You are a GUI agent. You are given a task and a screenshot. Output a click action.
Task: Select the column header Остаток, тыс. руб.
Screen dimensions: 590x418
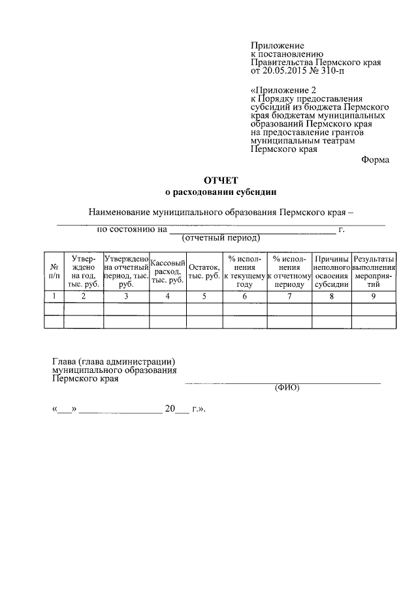pyautogui.click(x=204, y=271)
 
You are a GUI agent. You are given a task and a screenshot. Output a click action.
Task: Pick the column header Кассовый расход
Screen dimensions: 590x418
pyautogui.click(x=168, y=271)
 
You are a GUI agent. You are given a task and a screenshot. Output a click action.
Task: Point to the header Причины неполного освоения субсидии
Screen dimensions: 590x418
pyautogui.click(x=331, y=271)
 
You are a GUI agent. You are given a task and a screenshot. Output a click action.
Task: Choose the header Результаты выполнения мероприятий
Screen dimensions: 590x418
pyautogui.click(x=374, y=271)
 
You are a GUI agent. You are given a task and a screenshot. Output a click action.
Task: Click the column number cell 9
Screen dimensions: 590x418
pyautogui.click(x=374, y=297)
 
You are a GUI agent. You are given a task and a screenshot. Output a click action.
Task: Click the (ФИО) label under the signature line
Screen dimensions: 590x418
pyautogui.click(x=286, y=387)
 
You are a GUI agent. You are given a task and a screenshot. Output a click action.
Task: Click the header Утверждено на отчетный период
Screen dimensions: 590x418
pyautogui.click(x=126, y=271)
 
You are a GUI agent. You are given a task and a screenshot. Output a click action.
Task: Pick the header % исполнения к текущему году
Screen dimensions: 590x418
pyautogui.click(x=245, y=271)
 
